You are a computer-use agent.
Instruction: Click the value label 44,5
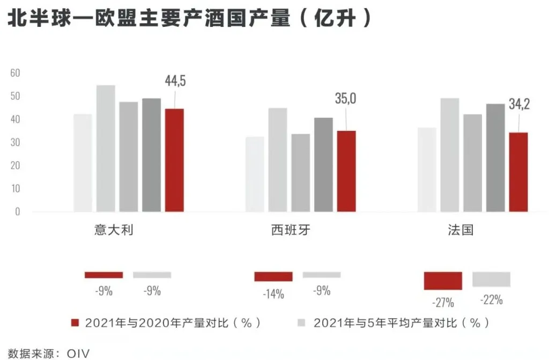(175, 81)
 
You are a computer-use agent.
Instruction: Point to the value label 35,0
(346, 99)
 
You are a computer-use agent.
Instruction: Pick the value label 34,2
(519, 104)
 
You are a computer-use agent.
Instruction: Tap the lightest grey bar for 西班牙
(255, 174)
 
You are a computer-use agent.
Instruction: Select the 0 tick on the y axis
(17, 211)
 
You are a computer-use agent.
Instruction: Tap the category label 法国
(461, 231)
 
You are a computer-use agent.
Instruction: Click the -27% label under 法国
(443, 302)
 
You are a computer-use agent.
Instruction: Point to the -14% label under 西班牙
(273, 294)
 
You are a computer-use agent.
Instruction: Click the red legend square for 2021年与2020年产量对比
(76, 322)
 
